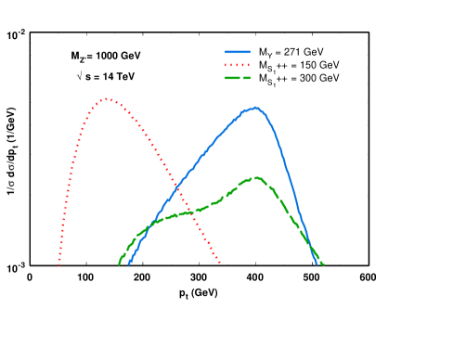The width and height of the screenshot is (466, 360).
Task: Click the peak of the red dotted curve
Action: [x=108, y=98]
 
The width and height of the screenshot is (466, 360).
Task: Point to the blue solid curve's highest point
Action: [x=254, y=108]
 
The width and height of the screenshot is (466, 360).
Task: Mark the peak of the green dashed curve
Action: [x=255, y=177]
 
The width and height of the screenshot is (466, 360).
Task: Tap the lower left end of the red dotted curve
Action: [x=58, y=265]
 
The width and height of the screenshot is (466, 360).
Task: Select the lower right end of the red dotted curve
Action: [x=220, y=264]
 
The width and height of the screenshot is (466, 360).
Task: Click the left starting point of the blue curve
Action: [x=129, y=264]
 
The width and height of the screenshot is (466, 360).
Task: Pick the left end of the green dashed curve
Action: [x=120, y=264]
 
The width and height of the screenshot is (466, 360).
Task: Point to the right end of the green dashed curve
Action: [x=323, y=264]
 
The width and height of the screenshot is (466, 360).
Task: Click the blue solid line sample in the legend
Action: [x=238, y=53]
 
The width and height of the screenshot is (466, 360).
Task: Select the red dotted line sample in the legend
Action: [x=238, y=66]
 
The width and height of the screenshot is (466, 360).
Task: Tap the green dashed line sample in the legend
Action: [x=238, y=79]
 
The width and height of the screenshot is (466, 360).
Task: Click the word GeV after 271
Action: [x=319, y=53]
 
